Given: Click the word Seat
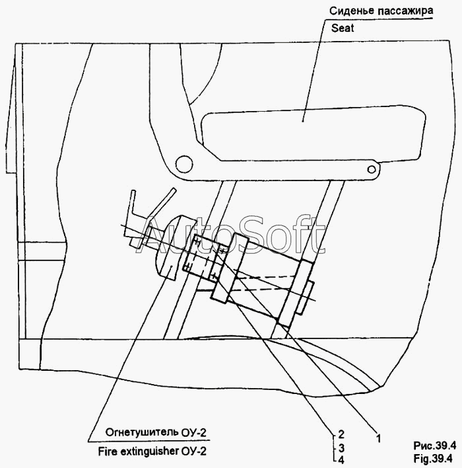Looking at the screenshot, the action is click(x=343, y=28).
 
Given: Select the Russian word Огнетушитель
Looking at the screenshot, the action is click(x=142, y=432).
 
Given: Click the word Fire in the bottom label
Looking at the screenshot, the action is click(x=108, y=451).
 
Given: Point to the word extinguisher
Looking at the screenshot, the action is click(x=149, y=451).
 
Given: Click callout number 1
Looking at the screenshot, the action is click(x=378, y=438).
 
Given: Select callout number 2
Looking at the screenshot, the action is click(x=341, y=434).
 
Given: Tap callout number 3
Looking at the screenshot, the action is click(x=341, y=448).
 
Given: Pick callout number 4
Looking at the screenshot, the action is click(x=341, y=460).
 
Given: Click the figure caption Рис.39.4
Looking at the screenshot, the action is click(x=434, y=446).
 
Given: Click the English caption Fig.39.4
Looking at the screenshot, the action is click(x=433, y=458).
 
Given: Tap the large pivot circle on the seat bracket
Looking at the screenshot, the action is click(x=184, y=164).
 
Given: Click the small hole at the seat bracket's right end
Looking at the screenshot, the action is click(x=372, y=169).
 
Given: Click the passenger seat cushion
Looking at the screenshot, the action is click(x=313, y=134).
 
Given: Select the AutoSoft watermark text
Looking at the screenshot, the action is click(x=231, y=236).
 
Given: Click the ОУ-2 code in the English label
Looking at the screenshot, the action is click(x=194, y=451).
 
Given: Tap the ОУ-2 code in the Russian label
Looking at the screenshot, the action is click(x=194, y=432).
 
